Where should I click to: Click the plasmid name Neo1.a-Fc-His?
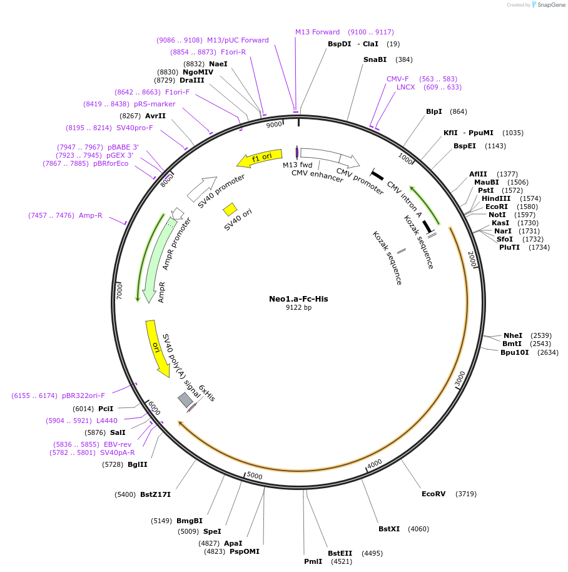tap(298, 299)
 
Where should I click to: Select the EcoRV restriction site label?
tap(434, 494)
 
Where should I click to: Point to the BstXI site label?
tap(389, 529)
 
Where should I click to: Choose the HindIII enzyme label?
tap(496, 198)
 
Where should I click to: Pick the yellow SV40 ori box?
tap(230, 209)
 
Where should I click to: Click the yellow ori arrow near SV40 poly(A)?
tap(157, 348)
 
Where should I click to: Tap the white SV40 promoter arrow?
tap(201, 186)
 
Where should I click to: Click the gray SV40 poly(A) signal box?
tap(185, 399)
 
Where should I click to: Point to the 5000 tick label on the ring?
tap(254, 476)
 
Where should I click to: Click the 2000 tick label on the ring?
tap(472, 259)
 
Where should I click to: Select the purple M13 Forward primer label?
tap(317, 32)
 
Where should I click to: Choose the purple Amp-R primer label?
tap(90, 215)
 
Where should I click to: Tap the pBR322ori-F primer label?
tap(83, 396)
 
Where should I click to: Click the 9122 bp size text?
tap(298, 308)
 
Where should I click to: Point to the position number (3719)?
tap(466, 494)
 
